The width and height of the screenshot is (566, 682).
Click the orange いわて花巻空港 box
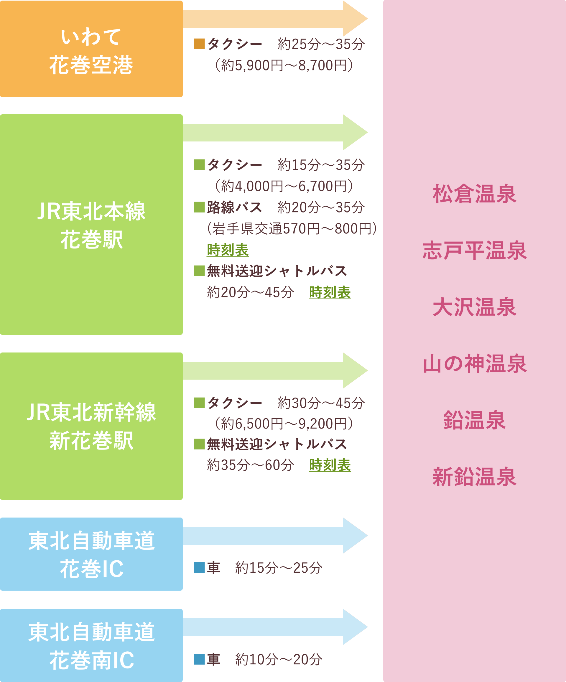(x=91, y=49)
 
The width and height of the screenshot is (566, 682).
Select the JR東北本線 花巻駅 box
(x=91, y=224)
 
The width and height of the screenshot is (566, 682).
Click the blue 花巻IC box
(x=91, y=554)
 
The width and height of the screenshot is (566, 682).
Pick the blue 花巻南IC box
(x=91, y=645)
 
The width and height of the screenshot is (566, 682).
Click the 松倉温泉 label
(x=474, y=194)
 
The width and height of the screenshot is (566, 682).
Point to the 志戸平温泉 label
(x=474, y=251)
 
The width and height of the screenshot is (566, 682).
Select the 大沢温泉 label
(x=474, y=307)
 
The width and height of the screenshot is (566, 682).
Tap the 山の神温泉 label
(x=474, y=363)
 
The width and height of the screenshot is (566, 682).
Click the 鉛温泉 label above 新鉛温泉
(x=474, y=420)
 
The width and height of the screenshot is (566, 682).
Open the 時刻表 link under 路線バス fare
(x=228, y=250)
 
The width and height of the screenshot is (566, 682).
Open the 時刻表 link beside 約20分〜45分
(x=330, y=292)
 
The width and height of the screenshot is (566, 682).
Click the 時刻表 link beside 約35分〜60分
(x=330, y=465)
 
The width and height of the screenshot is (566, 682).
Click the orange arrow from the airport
(x=275, y=19)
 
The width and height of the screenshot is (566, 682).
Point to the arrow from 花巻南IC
(x=275, y=627)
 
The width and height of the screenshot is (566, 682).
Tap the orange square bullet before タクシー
(x=199, y=44)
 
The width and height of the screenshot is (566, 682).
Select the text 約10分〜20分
(x=279, y=660)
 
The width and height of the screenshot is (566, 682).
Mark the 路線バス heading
(x=234, y=207)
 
